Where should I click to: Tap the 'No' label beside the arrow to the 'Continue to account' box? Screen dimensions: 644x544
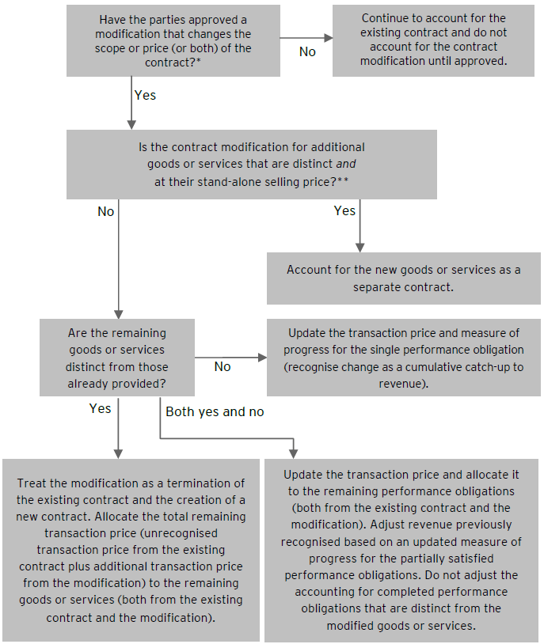(x=307, y=51)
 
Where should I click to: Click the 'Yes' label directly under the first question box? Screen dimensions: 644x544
(x=145, y=95)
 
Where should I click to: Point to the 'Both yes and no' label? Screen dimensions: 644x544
(x=215, y=411)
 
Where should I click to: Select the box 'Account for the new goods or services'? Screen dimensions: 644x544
(x=403, y=278)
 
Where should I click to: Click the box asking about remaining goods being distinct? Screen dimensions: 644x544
(x=116, y=358)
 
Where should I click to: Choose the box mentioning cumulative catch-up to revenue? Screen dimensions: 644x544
(x=403, y=358)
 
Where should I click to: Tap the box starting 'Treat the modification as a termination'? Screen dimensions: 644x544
(x=131, y=550)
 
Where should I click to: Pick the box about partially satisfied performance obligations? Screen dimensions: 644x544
(x=402, y=550)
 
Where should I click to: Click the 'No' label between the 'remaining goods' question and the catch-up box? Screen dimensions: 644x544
(x=223, y=367)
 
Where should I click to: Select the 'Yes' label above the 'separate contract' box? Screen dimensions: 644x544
(x=344, y=210)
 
